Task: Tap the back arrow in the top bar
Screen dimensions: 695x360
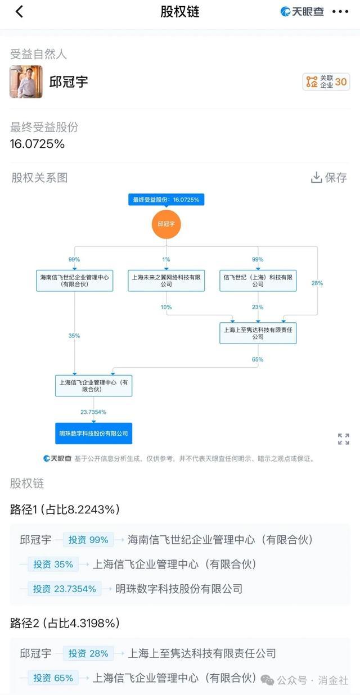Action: (19, 12)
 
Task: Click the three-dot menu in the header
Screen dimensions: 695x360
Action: (340, 12)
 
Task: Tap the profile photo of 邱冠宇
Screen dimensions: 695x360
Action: (26, 82)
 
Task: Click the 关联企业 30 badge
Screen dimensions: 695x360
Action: (326, 82)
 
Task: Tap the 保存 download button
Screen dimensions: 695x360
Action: (329, 178)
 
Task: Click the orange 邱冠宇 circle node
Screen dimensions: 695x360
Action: (166, 224)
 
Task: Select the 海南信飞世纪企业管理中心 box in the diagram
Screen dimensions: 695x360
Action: (75, 281)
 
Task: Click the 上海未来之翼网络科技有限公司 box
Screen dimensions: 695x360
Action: (166, 281)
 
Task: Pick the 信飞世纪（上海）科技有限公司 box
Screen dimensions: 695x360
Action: (258, 281)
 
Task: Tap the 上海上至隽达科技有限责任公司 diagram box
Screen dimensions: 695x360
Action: (258, 333)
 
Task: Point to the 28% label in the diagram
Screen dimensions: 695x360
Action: (317, 283)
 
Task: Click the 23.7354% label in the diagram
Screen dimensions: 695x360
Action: (93, 412)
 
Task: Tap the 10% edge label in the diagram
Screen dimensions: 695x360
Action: (166, 307)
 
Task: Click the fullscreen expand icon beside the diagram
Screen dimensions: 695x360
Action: (343, 439)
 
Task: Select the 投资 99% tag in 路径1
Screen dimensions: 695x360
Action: (88, 540)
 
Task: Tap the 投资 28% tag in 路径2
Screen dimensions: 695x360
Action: (88, 653)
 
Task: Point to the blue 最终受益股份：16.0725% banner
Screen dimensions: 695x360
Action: (166, 200)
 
